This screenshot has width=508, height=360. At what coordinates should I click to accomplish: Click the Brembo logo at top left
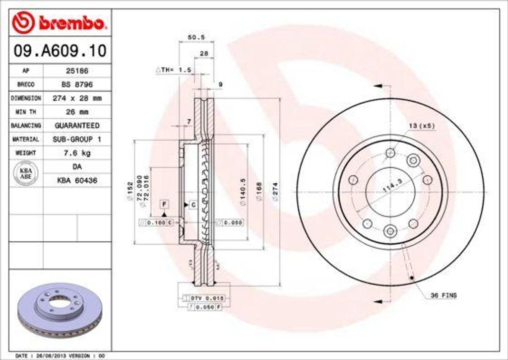click(x=60, y=23)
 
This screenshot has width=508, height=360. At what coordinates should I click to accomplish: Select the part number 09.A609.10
click(x=60, y=50)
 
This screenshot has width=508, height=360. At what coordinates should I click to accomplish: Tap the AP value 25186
click(x=77, y=71)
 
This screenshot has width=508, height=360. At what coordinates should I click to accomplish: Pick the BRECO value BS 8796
click(x=77, y=84)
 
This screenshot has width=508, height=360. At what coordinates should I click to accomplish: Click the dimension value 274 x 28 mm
click(x=77, y=98)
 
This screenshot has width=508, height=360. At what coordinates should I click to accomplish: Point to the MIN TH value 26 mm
click(x=77, y=112)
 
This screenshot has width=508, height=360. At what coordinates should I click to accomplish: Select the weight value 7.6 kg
click(x=77, y=153)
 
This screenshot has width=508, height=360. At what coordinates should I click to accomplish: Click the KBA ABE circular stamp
click(x=25, y=174)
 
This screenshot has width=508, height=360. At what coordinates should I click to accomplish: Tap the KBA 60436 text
click(x=77, y=181)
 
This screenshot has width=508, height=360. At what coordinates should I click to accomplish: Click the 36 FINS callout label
click(x=443, y=295)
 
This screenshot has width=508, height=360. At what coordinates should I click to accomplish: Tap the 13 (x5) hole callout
click(x=422, y=126)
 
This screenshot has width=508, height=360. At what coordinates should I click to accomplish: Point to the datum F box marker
click(x=164, y=204)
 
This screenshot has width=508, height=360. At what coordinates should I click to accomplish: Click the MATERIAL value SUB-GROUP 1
click(x=77, y=140)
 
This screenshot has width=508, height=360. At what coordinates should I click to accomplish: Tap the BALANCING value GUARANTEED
click(x=77, y=126)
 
